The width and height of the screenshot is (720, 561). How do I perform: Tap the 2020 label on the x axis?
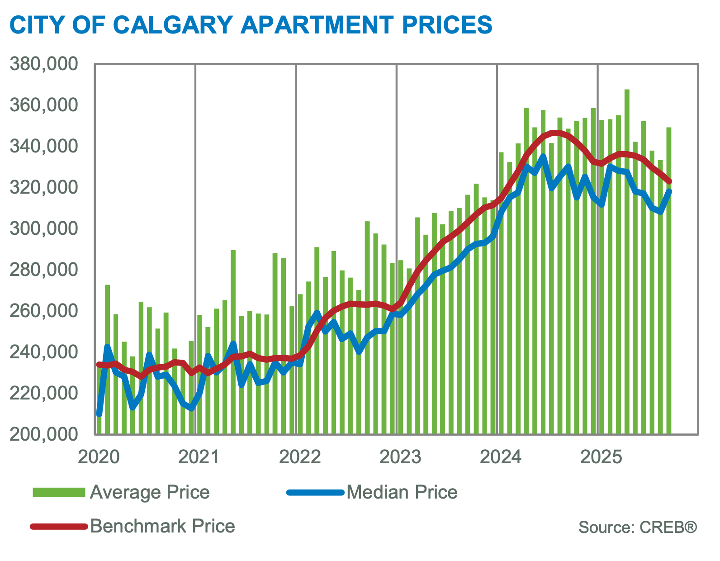99,457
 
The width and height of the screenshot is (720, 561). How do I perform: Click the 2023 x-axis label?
400,457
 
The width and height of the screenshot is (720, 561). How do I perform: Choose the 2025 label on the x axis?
601,457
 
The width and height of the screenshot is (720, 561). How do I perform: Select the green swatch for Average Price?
59,492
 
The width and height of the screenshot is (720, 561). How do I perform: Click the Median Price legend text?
402,492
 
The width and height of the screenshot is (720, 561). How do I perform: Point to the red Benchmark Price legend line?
59,526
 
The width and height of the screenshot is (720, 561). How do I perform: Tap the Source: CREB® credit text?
638,527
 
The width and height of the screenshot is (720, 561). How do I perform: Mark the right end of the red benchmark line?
669,182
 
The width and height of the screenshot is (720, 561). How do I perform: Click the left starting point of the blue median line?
99,414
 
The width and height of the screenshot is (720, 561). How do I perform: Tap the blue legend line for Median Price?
315,492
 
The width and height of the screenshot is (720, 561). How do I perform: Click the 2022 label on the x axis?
300,457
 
